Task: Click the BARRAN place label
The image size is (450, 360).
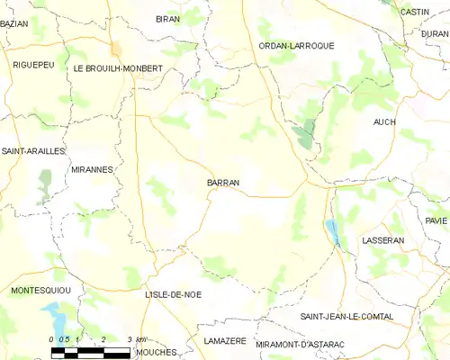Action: point(223,183)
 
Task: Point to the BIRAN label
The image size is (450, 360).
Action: point(167,19)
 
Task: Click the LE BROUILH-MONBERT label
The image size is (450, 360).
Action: point(118,68)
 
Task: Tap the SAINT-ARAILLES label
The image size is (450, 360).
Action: point(32,151)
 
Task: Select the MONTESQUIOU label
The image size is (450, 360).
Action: point(40,290)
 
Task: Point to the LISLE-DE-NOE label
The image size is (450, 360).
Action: point(173,294)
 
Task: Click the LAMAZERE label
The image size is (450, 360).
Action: point(225,341)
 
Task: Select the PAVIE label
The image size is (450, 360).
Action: point(436,220)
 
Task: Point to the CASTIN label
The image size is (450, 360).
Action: point(414,12)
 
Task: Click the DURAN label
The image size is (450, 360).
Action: point(434,32)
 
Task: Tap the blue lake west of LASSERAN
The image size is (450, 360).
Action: point(334,233)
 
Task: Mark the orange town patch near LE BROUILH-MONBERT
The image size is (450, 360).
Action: point(115,49)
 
